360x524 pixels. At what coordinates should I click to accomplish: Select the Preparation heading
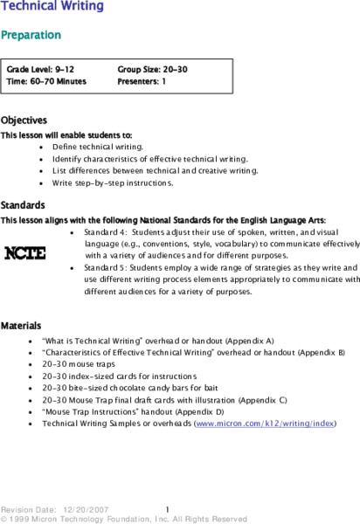click(x=31, y=35)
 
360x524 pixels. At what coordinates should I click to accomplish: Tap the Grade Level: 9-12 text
click(x=40, y=67)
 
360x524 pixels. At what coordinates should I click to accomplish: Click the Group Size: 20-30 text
click(x=152, y=67)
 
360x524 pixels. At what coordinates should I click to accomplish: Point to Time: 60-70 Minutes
click(x=46, y=80)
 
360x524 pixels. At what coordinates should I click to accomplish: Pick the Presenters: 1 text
click(x=142, y=80)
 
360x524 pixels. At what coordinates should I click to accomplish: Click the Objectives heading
click(x=24, y=121)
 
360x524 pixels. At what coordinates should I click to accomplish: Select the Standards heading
click(x=23, y=204)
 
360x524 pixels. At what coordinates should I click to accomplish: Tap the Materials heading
click(x=22, y=325)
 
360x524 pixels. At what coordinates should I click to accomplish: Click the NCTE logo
click(x=26, y=253)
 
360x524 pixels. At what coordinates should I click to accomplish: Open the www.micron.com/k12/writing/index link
click(x=266, y=423)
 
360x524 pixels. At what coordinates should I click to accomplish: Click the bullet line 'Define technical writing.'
click(x=98, y=148)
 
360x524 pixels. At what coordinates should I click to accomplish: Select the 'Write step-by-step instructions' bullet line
click(x=113, y=183)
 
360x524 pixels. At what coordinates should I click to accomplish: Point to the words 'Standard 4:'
click(x=106, y=232)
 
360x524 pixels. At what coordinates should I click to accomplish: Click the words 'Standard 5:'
click(x=106, y=267)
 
